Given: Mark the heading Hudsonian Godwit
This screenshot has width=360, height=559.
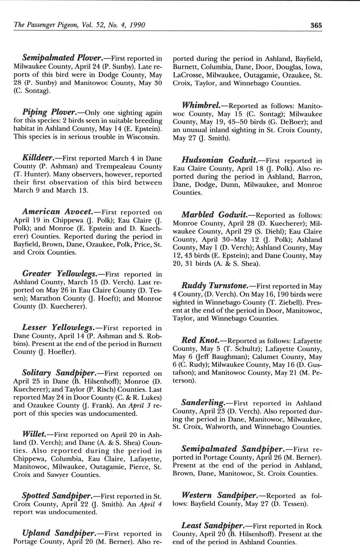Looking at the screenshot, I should click(215, 160).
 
